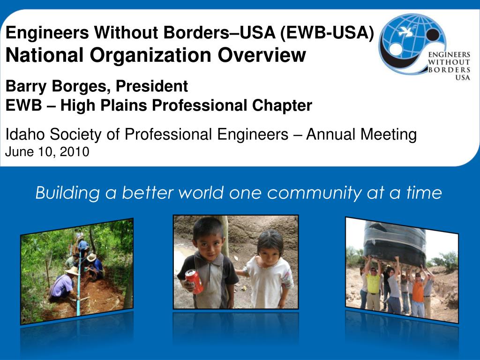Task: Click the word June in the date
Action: click(18, 152)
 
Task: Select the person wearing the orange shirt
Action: click(418, 293)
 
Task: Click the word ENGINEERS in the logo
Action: click(449, 54)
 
